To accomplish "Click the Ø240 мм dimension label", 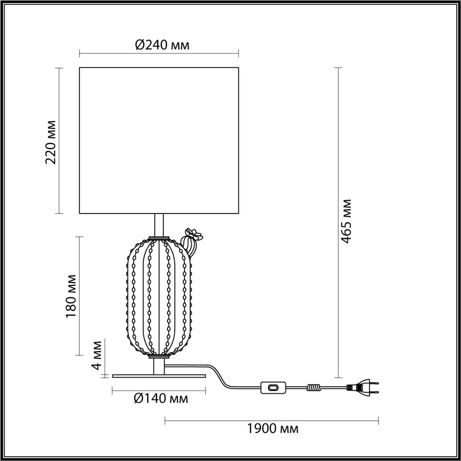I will [x=162, y=45].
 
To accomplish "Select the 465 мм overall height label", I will [x=346, y=221].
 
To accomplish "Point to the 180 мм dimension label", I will [x=71, y=296].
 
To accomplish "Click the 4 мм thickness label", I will [x=97, y=355].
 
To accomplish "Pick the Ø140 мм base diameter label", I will [x=161, y=399].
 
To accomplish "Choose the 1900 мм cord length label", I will [x=273, y=429].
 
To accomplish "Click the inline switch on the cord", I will [x=273, y=388].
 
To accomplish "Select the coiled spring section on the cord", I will [x=313, y=388].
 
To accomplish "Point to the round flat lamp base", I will [x=159, y=376].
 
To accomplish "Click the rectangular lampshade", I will [x=159, y=140].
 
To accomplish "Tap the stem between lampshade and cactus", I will [x=159, y=225].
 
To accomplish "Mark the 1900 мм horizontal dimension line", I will [x=272, y=420].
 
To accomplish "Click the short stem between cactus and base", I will [x=159, y=366].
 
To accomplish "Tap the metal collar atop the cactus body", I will [x=159, y=238].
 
